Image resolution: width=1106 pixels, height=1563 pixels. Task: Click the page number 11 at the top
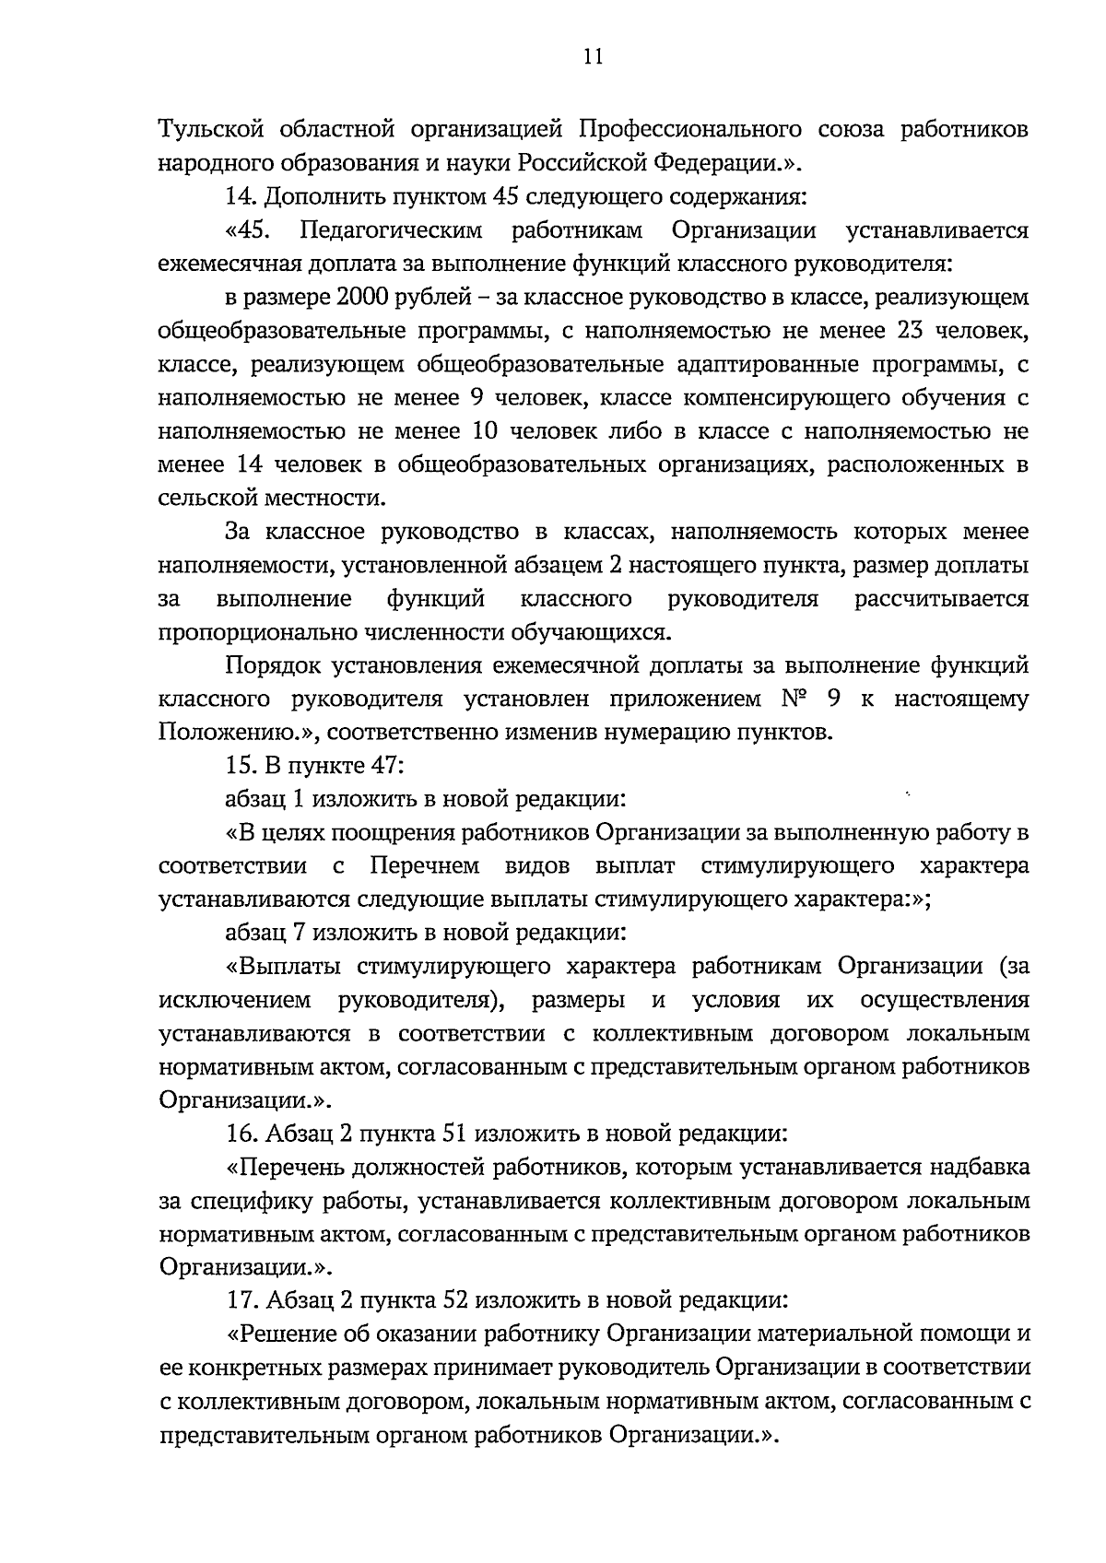593,57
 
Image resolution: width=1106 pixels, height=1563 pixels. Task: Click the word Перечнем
425,866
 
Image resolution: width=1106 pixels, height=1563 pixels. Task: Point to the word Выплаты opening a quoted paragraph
290,967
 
